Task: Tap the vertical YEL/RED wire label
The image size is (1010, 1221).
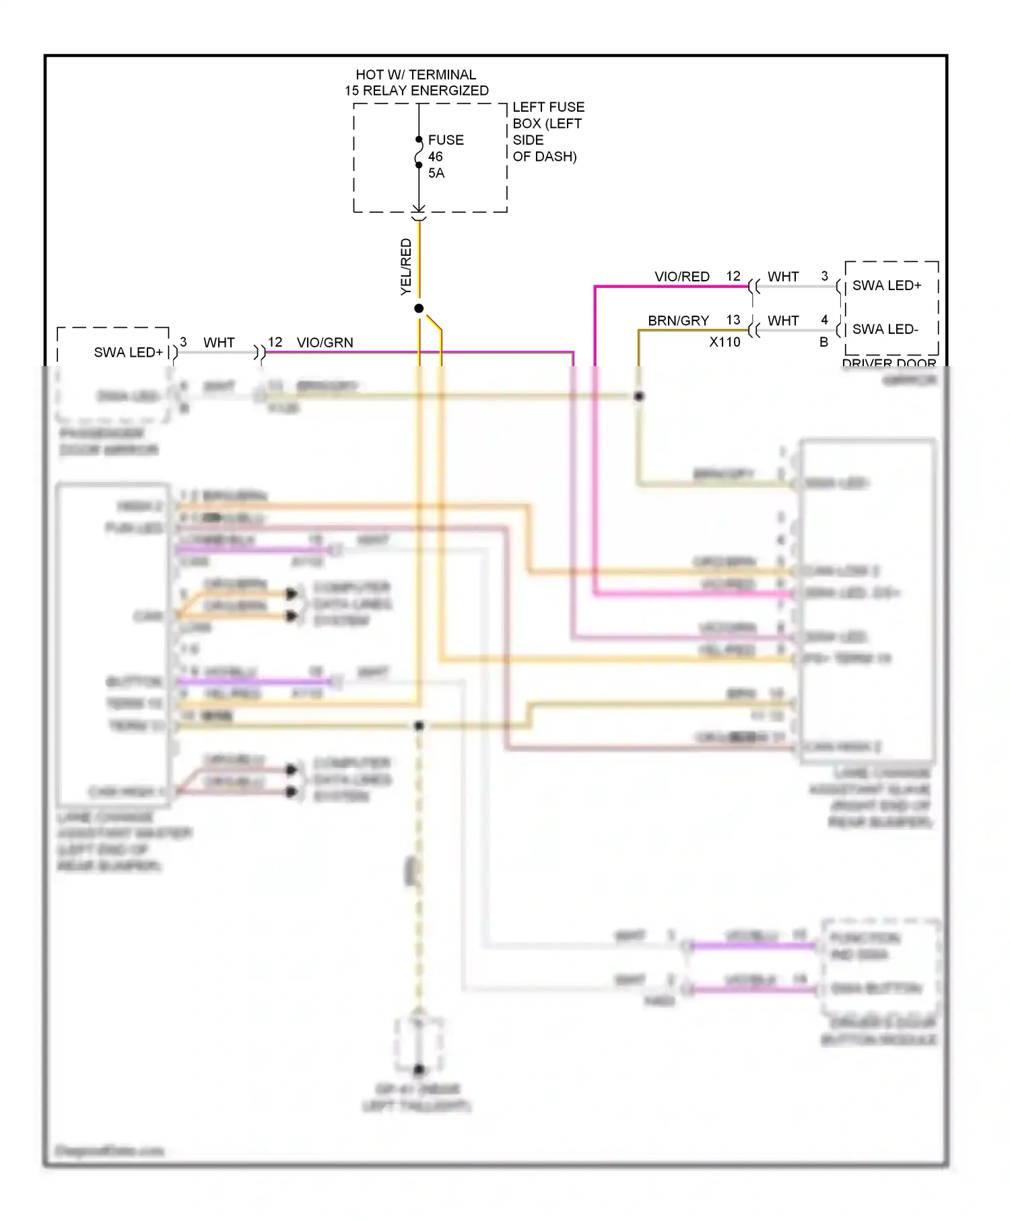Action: [406, 267]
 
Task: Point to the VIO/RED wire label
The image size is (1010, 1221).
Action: [681, 277]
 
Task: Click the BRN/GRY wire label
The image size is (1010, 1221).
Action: [677, 321]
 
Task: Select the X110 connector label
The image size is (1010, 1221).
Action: [724, 342]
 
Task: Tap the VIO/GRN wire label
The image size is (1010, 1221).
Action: [325, 343]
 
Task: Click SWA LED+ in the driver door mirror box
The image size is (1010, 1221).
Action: [886, 285]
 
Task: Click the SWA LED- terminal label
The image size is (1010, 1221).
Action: [885, 329]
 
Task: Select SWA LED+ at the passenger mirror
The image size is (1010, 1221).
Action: [128, 352]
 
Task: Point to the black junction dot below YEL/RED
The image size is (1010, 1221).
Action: [419, 308]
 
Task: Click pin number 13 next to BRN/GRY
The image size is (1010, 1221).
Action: [733, 320]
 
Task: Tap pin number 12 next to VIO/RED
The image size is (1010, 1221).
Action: [733, 276]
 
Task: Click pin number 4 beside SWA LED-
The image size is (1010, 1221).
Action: [824, 320]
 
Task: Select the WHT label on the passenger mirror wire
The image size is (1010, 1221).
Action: [219, 343]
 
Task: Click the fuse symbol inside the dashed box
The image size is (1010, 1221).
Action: [419, 152]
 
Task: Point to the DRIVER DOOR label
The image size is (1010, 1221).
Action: [888, 363]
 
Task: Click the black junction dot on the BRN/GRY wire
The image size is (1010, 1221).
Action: [638, 396]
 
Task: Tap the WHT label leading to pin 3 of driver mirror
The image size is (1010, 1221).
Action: [782, 277]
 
